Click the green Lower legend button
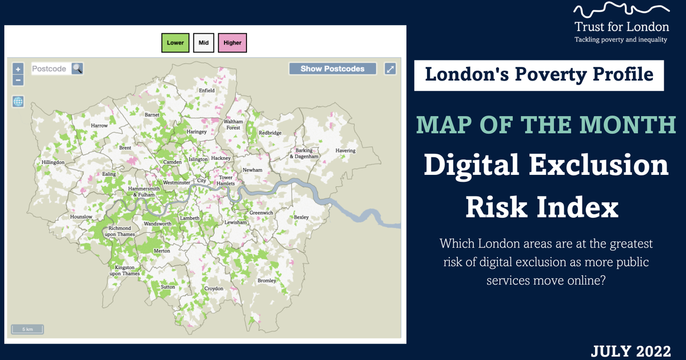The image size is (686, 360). (176, 43)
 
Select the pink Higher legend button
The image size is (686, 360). (232, 43)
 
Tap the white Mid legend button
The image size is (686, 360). (203, 43)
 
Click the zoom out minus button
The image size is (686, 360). (18, 81)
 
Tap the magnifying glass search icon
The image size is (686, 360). (77, 69)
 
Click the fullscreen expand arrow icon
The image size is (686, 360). (390, 69)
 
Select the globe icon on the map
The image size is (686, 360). (18, 102)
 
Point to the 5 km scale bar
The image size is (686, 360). (27, 329)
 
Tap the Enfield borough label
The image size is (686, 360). (206, 90)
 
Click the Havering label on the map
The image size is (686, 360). (345, 151)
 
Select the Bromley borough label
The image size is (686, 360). (267, 281)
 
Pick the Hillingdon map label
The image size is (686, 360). (53, 162)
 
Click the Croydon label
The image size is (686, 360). (214, 289)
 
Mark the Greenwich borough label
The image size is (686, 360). (261, 213)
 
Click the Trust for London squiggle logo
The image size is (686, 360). (621, 11)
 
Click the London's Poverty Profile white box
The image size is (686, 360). (539, 75)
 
